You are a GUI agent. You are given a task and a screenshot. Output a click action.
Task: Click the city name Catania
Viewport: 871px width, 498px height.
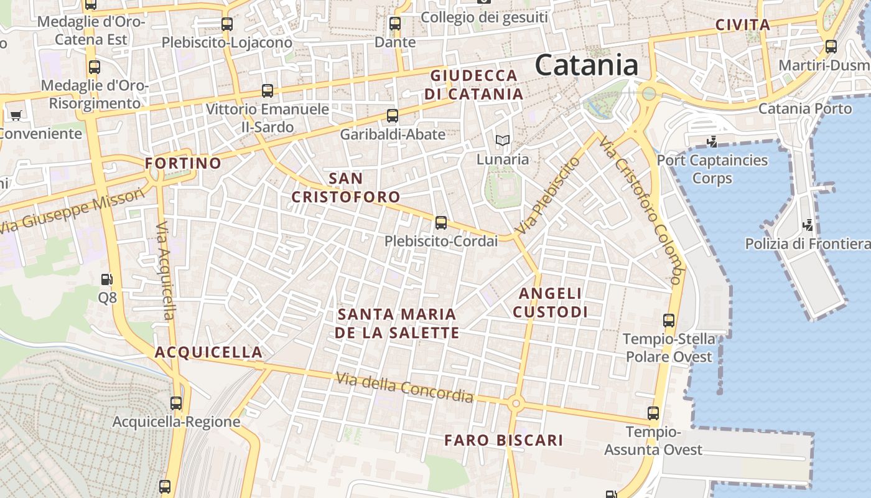(x=586, y=65)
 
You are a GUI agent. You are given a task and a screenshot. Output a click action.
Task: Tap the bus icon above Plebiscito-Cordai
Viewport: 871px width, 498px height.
(x=441, y=222)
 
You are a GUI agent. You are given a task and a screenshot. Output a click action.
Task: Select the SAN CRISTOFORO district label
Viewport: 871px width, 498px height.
(x=346, y=188)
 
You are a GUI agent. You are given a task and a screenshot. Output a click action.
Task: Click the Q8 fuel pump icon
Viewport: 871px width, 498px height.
(x=107, y=280)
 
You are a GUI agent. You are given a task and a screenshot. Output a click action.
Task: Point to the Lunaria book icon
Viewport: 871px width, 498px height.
(x=502, y=141)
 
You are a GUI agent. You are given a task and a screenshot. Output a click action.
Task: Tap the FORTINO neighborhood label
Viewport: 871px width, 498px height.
(x=183, y=164)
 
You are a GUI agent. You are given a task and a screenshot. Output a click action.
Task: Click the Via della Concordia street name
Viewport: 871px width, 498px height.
(x=404, y=387)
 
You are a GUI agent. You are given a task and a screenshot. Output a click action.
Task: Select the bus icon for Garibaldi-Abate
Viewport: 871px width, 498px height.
(x=393, y=115)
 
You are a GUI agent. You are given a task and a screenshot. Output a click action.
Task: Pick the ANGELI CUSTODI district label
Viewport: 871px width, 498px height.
(x=551, y=303)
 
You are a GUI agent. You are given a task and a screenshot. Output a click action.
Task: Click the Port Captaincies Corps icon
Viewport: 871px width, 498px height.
(x=712, y=142)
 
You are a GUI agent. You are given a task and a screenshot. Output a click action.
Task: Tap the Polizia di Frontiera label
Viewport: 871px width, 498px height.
(x=808, y=243)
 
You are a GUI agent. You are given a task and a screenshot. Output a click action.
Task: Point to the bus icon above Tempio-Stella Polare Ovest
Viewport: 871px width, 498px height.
(x=669, y=321)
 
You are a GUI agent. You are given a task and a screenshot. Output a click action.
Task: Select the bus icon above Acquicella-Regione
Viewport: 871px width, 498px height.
(x=176, y=403)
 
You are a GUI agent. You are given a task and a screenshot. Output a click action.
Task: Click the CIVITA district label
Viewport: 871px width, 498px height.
(x=743, y=26)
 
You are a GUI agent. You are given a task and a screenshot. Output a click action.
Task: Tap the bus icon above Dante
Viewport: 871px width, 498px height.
(x=395, y=24)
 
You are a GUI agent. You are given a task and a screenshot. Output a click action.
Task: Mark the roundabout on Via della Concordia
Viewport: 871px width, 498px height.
(x=515, y=404)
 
